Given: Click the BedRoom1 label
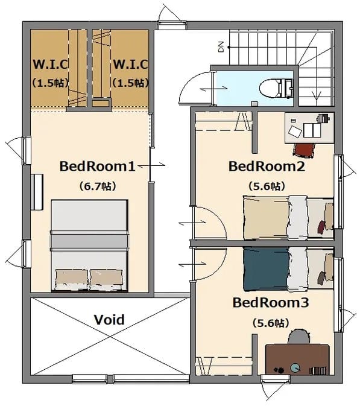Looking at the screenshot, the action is click(98, 167).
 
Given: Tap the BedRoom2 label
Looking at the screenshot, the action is click(267, 167).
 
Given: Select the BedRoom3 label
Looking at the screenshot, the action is click(271, 302).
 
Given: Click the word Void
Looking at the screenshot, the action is click(109, 320).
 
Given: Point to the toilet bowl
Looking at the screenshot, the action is click(271, 88).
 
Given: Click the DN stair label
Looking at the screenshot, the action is click(221, 47).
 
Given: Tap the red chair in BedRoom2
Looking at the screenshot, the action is click(304, 150).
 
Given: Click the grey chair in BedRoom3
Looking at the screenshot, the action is click(299, 337).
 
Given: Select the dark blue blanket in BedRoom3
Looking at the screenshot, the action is click(266, 269).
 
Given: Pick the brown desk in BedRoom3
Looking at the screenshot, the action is click(297, 360).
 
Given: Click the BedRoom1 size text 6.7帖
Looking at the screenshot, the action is click(98, 186).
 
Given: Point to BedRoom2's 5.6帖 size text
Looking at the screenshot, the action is click(267, 186).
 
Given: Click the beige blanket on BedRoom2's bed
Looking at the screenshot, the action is click(266, 218).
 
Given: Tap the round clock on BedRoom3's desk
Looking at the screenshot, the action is click(295, 367).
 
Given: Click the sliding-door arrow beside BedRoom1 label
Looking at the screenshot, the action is click(152, 165).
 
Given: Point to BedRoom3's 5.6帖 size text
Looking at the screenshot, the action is click(271, 323).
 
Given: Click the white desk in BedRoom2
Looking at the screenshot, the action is click(309, 128).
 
